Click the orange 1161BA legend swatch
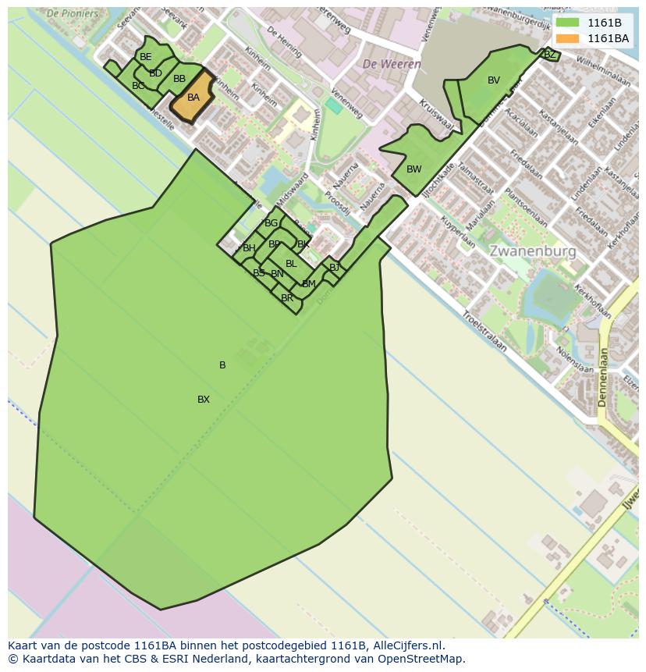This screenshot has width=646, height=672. pos(568,38)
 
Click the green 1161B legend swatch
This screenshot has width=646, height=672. pos(568,23)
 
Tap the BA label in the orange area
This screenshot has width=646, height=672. pos(193,98)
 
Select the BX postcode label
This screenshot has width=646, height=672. pos(204,400)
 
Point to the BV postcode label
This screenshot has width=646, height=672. pos(494,80)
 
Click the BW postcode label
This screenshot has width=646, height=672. pos(414,169)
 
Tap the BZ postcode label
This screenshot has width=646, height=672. pos(550,55)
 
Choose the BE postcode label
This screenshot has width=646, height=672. pos(146,57)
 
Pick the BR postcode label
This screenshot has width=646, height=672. pos(287,298)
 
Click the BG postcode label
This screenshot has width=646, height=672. pos(272,223)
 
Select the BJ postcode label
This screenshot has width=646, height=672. pos(335,268)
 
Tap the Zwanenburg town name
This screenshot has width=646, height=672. pos(533,251)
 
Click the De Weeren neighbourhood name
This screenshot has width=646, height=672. pos(392,64)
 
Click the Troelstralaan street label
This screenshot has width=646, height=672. pos(484,331)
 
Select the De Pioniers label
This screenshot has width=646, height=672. pos(73,13)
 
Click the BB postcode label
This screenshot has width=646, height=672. pos(179,79)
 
